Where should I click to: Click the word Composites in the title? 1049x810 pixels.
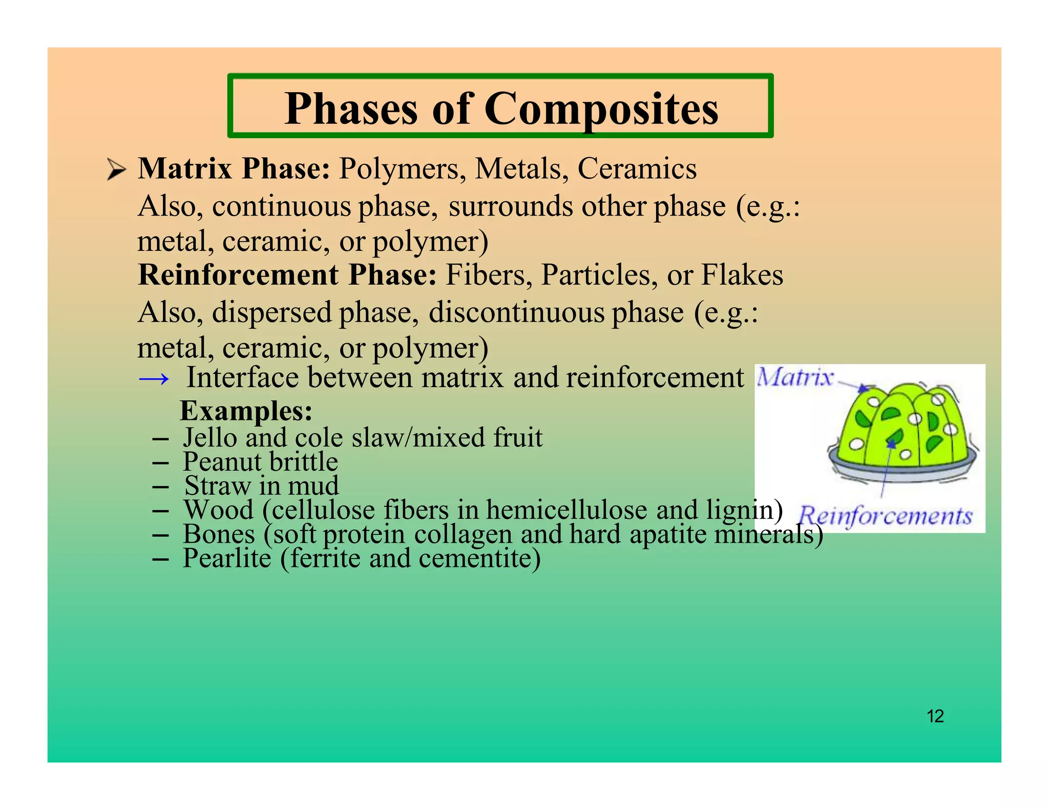click(601, 109)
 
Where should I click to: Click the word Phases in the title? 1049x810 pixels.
click(351, 109)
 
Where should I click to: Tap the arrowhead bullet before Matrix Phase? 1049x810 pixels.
click(116, 169)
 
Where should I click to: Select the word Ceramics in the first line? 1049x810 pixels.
click(637, 168)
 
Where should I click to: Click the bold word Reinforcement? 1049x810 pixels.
click(238, 275)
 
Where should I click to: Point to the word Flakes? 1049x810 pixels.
click(742, 275)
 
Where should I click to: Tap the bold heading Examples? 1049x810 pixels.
click(246, 411)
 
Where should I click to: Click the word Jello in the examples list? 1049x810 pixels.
click(210, 438)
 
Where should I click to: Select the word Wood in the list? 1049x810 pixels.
click(219, 510)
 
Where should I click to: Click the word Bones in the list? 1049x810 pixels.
click(219, 534)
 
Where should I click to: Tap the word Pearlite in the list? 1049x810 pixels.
click(227, 558)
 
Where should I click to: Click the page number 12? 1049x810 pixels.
click(935, 716)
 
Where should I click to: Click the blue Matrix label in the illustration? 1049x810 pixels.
click(795, 377)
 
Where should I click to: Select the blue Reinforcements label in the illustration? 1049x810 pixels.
click(886, 516)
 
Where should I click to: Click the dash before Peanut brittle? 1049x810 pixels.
click(160, 463)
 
